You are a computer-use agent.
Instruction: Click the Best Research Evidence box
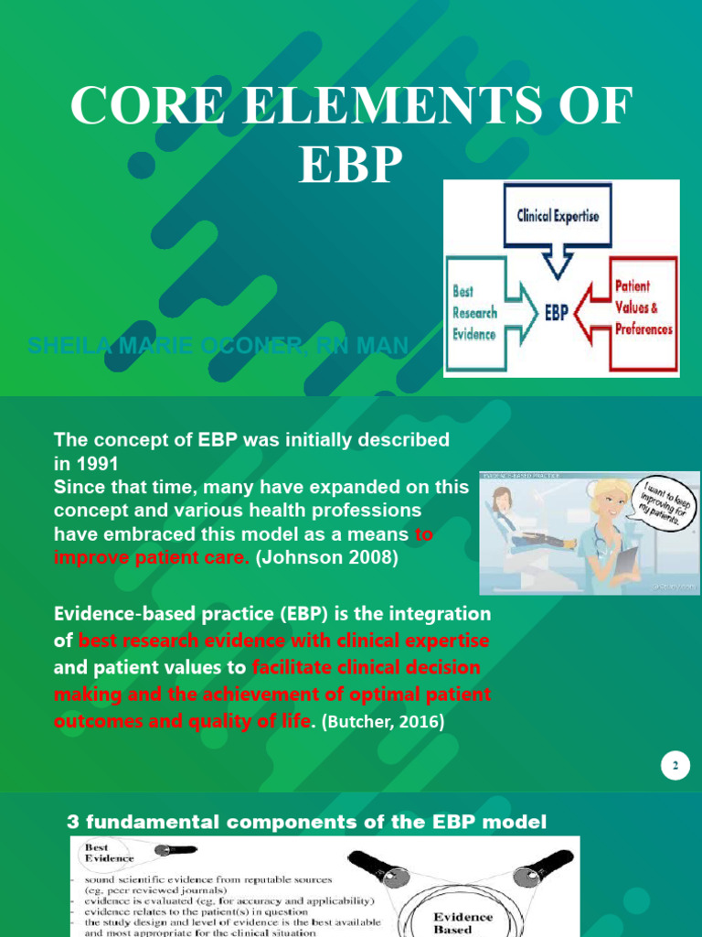(x=476, y=313)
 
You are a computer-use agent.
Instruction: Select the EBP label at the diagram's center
(x=557, y=313)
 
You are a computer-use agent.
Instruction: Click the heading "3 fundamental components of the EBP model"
(x=309, y=822)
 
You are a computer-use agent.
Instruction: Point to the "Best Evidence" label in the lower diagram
(x=109, y=853)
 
